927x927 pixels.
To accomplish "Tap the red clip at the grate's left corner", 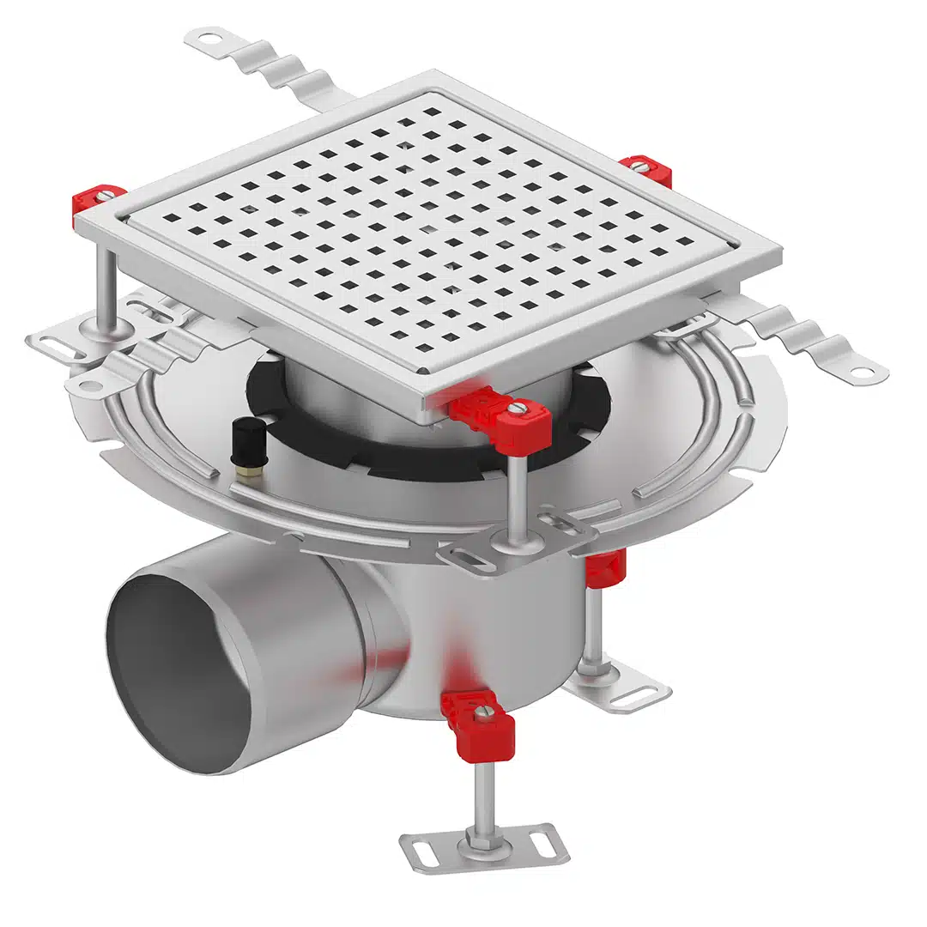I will [97, 201].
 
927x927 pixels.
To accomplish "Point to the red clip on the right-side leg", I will [606, 567].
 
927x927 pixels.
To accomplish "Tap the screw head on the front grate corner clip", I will [517, 409].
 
